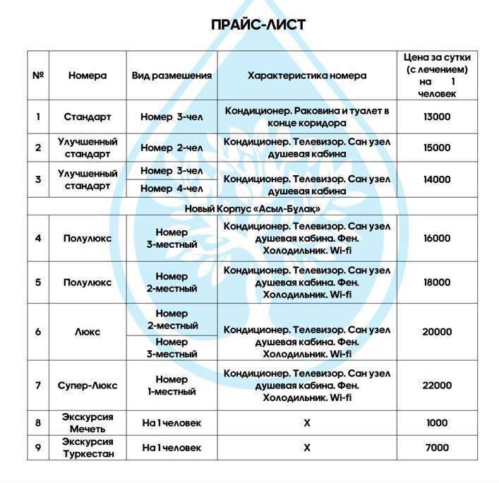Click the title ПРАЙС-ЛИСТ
pos(258,25)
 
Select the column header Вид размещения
pos(172,76)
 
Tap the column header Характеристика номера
pos(306,76)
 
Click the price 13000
pos(437,117)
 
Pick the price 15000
pos(437,148)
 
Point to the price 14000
pos(437,179)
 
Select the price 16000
pos(437,238)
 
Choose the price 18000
pos(437,282)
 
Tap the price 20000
pos(437,332)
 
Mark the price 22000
pos(437,386)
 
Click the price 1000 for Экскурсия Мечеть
pos(437,423)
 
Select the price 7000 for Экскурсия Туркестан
pos(437,448)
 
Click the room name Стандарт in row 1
pos(88,117)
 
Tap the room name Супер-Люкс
pos(88,386)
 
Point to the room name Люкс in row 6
pos(88,332)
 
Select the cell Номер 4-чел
pos(172,189)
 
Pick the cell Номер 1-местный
pos(172,386)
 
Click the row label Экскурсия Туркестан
pos(88,448)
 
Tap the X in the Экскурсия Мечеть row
pos(306,423)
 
